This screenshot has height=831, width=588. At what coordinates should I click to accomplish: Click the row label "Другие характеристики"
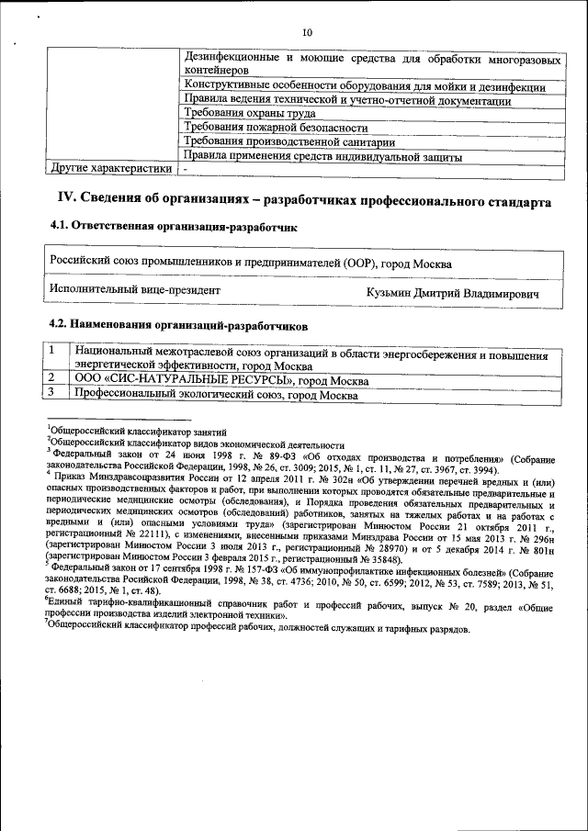pyautogui.click(x=109, y=169)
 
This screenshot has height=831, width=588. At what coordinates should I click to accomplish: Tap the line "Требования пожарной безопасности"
pyautogui.click(x=276, y=128)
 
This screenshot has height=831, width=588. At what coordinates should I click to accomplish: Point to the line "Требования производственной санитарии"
pyautogui.click(x=289, y=141)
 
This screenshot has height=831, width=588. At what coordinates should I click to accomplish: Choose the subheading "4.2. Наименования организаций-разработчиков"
pyautogui.click(x=178, y=324)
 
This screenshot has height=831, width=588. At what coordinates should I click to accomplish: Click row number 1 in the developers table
pyautogui.click(x=53, y=351)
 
